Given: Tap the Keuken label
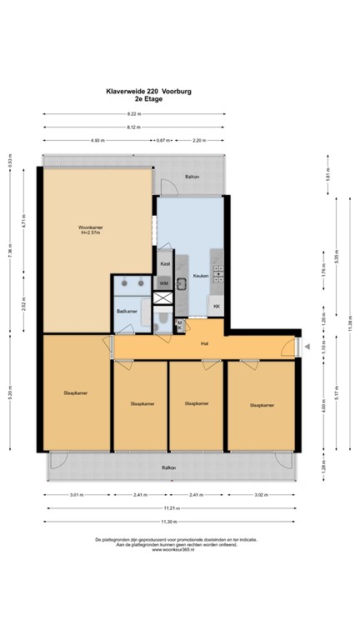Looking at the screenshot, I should (200, 275).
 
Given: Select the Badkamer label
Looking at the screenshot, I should (127, 310).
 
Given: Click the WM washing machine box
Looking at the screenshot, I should (164, 283).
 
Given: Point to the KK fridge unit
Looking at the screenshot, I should (217, 307).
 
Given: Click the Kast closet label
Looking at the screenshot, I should (165, 264).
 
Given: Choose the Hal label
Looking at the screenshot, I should (203, 343).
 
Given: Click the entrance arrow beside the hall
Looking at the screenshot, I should (307, 347).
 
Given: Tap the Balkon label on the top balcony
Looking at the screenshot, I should (192, 177).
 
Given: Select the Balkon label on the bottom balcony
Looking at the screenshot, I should (169, 467).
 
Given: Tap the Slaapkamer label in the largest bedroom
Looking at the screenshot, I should (75, 392).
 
